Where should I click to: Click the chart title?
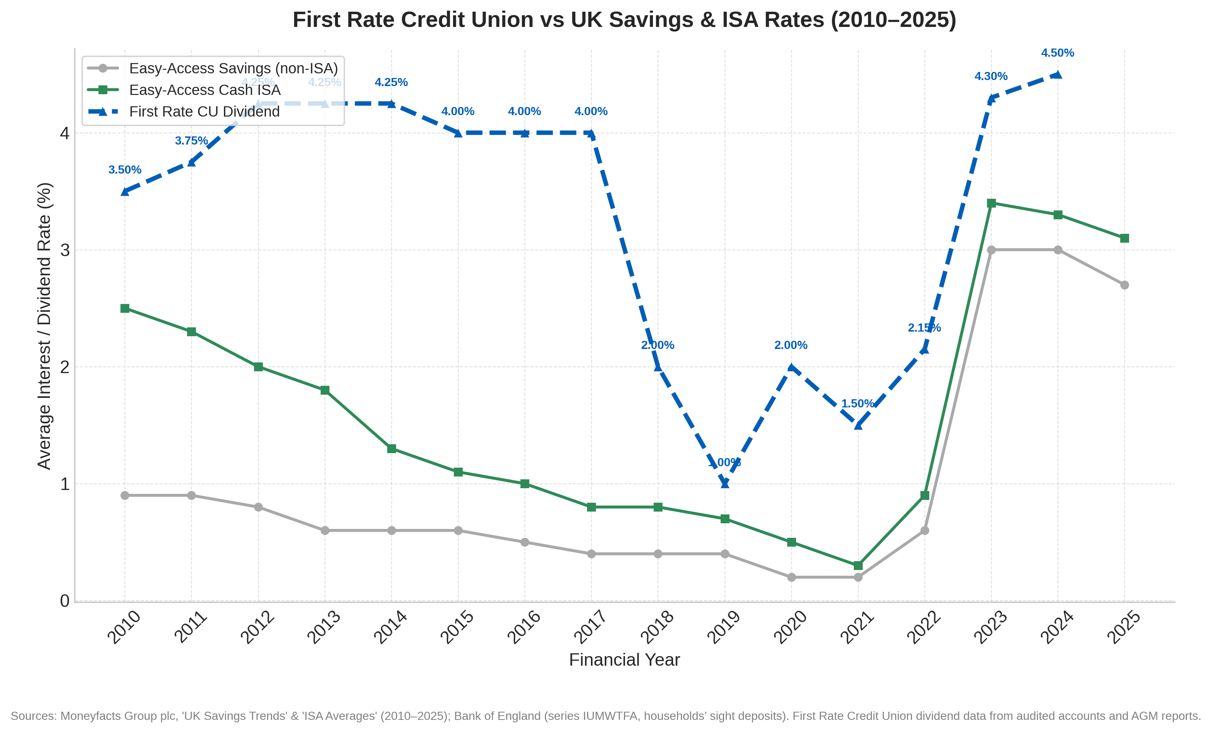coord(624,20)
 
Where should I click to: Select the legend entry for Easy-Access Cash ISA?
coord(205,90)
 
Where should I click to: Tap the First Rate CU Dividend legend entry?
coord(204,112)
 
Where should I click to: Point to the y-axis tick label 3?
coord(64,250)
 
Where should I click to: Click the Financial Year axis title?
coord(624,660)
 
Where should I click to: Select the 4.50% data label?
coord(1058,53)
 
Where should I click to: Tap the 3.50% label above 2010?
coord(125,170)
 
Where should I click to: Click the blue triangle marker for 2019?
coord(725,483)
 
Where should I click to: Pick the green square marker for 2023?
coord(991,203)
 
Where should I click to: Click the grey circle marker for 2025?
coord(1124,285)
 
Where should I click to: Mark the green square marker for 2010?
coord(125,309)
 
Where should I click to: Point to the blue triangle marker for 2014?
coord(391,103)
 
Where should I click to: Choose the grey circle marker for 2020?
coord(791,577)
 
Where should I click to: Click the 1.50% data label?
coord(857,404)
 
